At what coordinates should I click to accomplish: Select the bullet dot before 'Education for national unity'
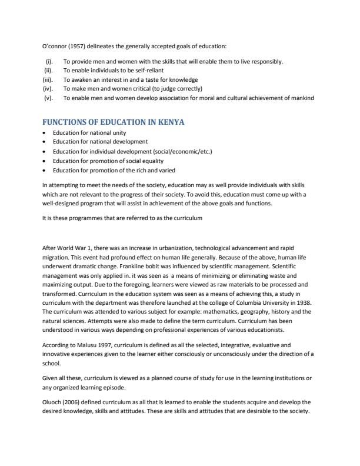pyautogui.click(x=45, y=132)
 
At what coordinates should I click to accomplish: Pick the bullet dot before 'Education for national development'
pyautogui.click(x=45, y=142)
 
